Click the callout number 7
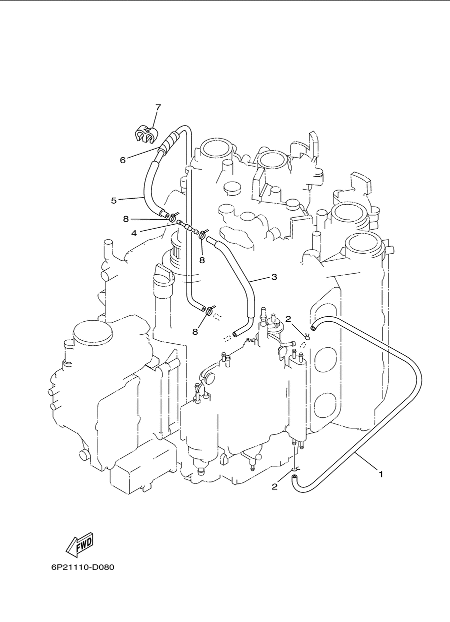coord(158,107)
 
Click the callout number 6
coord(122,160)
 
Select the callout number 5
coord(113,201)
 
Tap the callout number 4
coord(134,233)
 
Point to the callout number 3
coord(274,277)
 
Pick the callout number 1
coord(381,474)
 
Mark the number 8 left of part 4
coord(126,219)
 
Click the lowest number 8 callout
coord(195,332)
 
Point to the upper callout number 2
coord(288,319)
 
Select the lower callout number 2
coord(274,486)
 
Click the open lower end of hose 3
coord(236,335)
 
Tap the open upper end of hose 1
coord(313,328)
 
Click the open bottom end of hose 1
coord(294,477)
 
